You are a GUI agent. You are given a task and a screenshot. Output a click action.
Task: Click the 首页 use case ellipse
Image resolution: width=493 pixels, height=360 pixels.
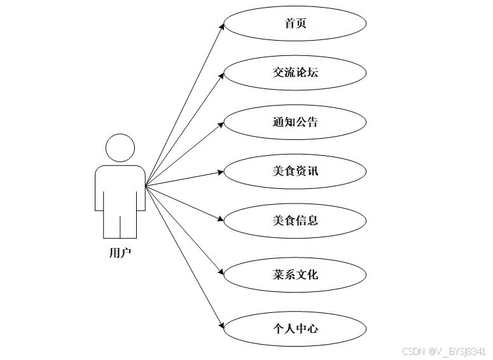[x=295, y=24]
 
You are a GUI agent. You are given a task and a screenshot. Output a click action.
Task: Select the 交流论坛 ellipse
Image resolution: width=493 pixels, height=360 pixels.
[x=295, y=73]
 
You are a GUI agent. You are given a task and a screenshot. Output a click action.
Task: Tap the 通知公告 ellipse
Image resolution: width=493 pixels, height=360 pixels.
[x=295, y=121]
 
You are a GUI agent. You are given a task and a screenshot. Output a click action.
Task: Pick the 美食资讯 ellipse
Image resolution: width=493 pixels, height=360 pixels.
[x=295, y=171]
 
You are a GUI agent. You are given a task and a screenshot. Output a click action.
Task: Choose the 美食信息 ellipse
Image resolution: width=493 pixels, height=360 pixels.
[x=295, y=220]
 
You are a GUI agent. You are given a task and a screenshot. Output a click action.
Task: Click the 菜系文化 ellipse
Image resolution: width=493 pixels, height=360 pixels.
[x=295, y=275]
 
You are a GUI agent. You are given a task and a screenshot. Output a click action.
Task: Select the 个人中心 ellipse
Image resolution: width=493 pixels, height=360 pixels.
[x=295, y=329]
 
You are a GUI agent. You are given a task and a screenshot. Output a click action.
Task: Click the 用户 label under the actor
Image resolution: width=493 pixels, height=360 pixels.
[x=120, y=253]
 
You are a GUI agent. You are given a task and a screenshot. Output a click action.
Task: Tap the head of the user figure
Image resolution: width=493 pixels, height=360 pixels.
[x=120, y=148]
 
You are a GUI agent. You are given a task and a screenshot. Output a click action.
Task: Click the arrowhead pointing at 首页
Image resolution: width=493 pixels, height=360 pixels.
[x=222, y=27]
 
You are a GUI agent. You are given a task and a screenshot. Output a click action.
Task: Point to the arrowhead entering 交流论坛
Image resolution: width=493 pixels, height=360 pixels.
[x=221, y=75]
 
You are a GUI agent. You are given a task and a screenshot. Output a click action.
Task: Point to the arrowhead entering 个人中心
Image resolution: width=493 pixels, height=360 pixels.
[x=221, y=325]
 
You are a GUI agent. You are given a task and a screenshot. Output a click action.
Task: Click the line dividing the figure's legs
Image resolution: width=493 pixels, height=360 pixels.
[x=120, y=226]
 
